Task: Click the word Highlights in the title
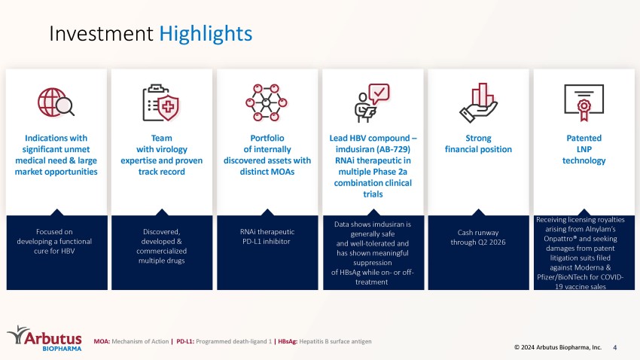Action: (x=206, y=34)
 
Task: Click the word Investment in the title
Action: (x=101, y=33)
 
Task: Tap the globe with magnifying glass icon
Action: (x=56, y=102)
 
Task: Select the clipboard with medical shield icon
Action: (x=161, y=102)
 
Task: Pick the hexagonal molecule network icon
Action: (x=267, y=102)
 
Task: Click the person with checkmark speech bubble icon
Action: (x=372, y=103)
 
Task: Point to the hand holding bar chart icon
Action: (x=478, y=102)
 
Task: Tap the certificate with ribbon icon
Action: (x=584, y=102)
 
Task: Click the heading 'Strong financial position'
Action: (x=478, y=144)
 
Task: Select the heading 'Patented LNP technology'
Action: (x=584, y=149)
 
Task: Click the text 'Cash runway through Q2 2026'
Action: (x=478, y=237)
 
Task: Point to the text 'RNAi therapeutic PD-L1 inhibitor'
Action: (x=267, y=236)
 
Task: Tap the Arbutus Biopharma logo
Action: (x=44, y=338)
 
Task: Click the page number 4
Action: (x=614, y=347)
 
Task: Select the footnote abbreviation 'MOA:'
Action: (x=102, y=341)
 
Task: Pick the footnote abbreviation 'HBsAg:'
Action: (x=288, y=341)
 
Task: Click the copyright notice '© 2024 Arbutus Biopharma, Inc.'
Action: (x=557, y=347)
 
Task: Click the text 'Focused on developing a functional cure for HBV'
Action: (x=54, y=241)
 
